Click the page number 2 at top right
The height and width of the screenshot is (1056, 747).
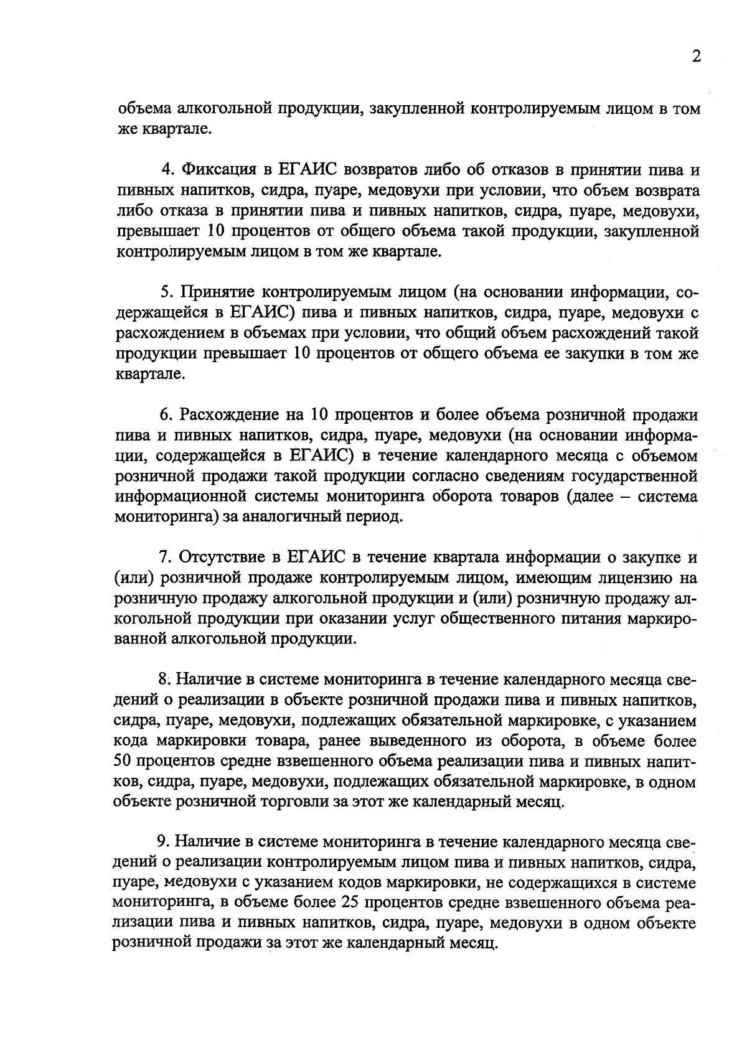(x=696, y=57)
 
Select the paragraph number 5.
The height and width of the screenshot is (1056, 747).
(x=165, y=292)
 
